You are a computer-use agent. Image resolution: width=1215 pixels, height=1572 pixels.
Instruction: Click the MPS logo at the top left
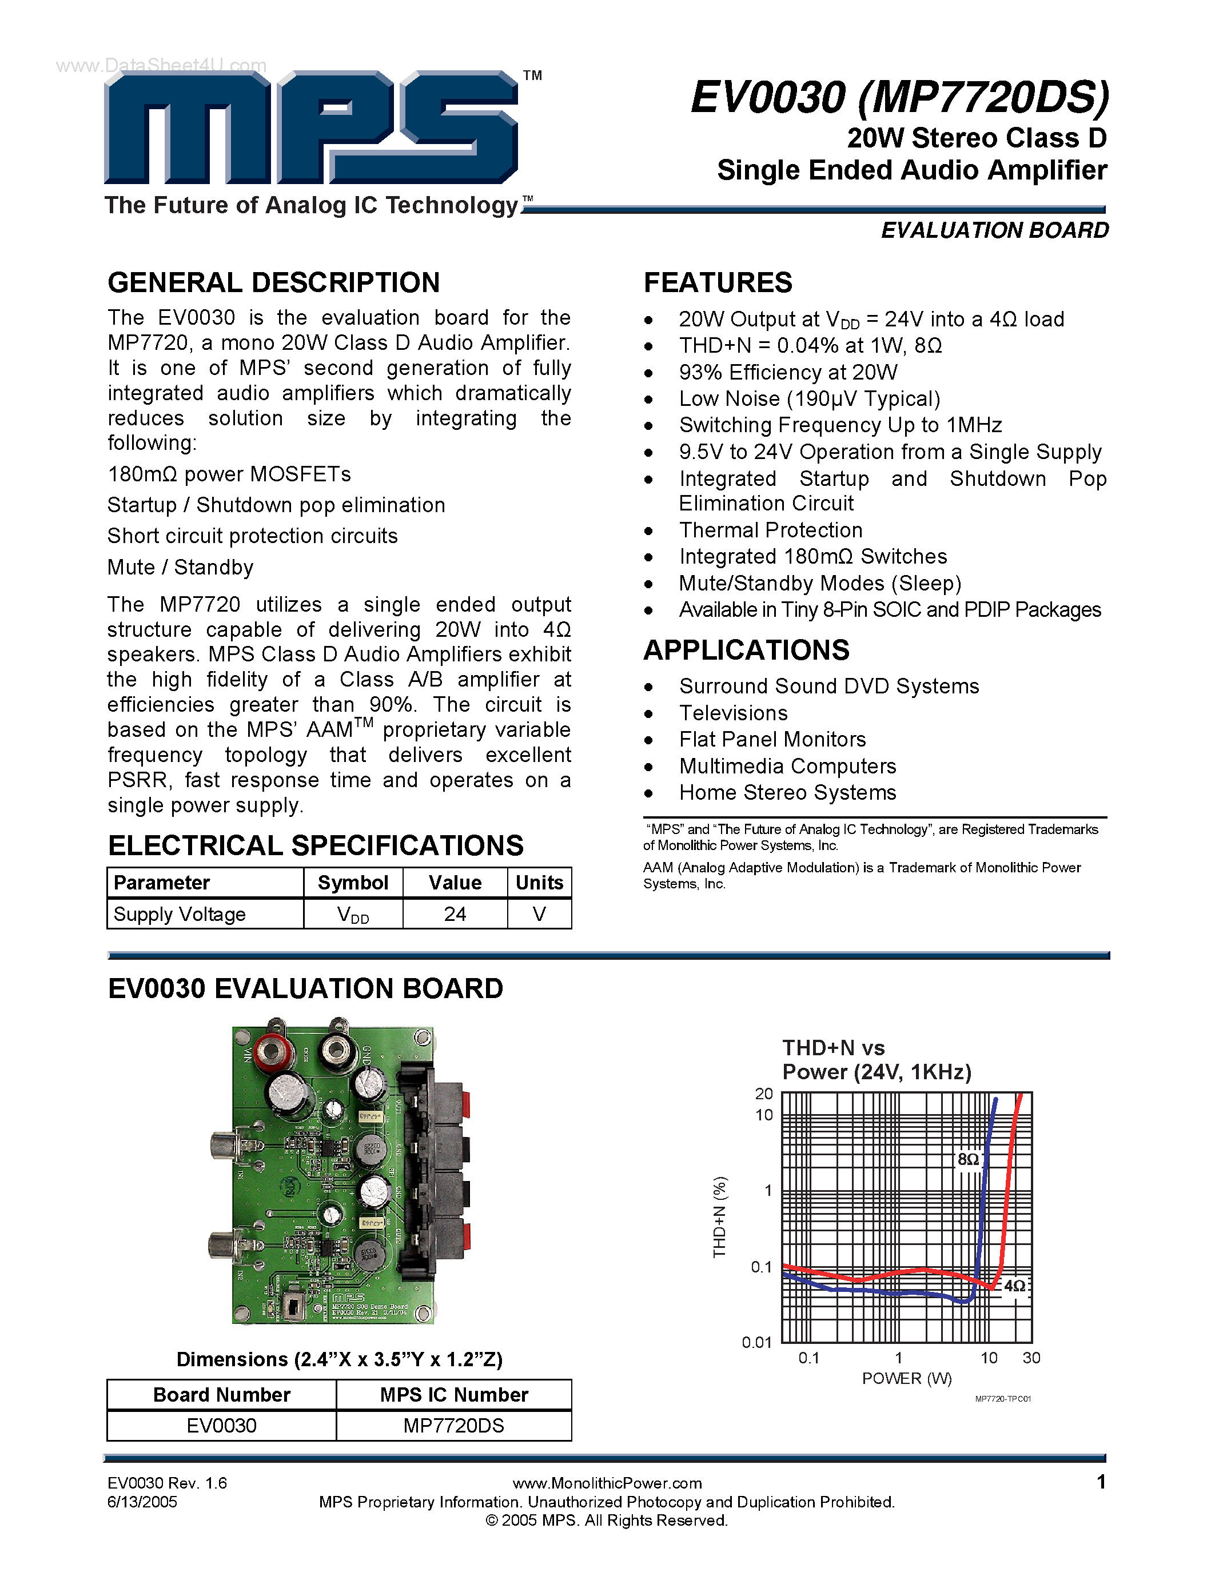pos(311,128)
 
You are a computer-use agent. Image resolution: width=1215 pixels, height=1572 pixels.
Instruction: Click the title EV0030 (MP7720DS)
pos(900,97)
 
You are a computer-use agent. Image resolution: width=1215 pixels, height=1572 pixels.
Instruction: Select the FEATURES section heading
pos(718,283)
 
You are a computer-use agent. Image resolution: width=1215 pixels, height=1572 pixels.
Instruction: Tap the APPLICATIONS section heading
pos(746,650)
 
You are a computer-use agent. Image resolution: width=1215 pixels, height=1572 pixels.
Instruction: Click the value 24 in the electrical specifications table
pos(455,914)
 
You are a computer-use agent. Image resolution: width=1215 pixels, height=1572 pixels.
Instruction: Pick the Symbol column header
pos(353,883)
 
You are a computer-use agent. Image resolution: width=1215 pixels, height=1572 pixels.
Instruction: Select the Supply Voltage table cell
pos(180,914)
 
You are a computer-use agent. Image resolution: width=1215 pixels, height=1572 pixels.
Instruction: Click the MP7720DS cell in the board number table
pos(453,1425)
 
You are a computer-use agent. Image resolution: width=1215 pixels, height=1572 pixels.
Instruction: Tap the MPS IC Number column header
pos(453,1394)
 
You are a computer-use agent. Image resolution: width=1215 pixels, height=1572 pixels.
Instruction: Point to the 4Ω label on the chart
pos(1014,1286)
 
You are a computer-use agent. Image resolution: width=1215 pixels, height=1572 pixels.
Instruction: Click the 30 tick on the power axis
pos(1031,1358)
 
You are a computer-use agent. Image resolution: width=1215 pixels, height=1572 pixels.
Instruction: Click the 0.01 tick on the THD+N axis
pos(756,1342)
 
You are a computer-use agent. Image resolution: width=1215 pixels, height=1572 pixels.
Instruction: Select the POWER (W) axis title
pos(906,1378)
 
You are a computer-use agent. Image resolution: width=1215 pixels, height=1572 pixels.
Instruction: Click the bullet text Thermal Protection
pos(770,530)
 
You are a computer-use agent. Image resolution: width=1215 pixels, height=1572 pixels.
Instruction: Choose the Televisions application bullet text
pos(733,713)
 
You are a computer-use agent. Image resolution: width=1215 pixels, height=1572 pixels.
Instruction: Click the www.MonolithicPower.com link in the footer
pos(607,1483)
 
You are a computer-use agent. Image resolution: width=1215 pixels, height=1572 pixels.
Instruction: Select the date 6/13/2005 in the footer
pos(142,1502)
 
